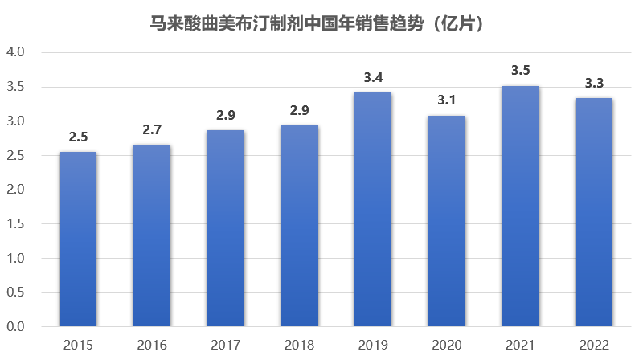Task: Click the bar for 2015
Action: click(78, 239)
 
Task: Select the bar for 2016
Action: click(152, 235)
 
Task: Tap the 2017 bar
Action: click(225, 228)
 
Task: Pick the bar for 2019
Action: click(373, 210)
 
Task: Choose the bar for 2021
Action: click(520, 207)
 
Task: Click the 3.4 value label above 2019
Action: click(373, 78)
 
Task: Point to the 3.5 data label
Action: click(520, 71)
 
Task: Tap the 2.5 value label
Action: click(78, 137)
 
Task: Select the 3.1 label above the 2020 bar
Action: click(447, 100)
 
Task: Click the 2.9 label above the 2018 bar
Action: click(299, 111)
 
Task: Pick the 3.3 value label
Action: click(594, 83)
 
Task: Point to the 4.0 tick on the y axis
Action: click(16, 52)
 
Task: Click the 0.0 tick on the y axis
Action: click(16, 327)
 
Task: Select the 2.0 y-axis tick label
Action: click(16, 190)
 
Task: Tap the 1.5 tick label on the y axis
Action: click(16, 224)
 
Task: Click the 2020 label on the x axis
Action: click(447, 346)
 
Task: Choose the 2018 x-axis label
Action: click(299, 346)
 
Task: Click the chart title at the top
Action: click(321, 24)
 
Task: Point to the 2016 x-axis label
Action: click(152, 346)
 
